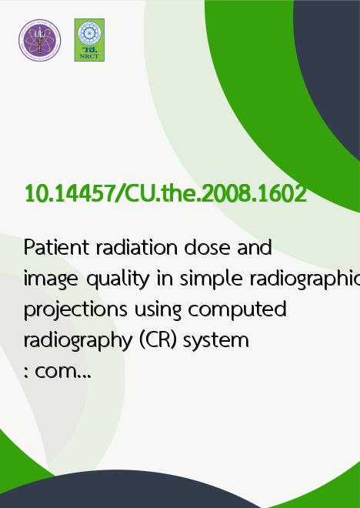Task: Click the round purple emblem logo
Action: [x=39, y=40]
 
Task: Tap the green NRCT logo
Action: [x=89, y=40]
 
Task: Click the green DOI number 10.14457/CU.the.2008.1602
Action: [x=165, y=194]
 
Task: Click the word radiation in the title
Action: [x=137, y=247]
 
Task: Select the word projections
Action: [x=75, y=309]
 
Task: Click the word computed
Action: [x=237, y=309]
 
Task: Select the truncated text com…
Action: [x=58, y=372]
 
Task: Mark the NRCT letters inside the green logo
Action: [x=89, y=56]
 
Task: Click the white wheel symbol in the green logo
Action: [x=89, y=33]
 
